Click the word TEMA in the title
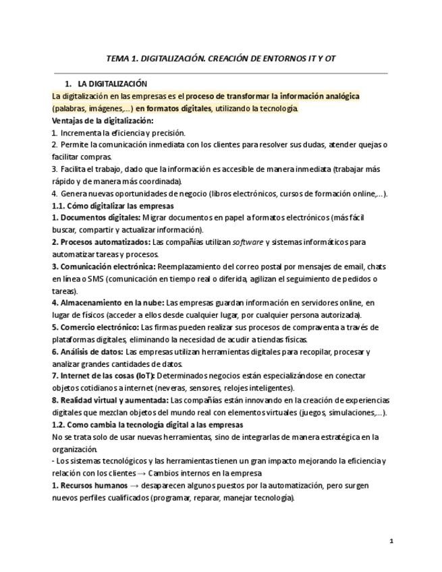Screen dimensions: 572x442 119,59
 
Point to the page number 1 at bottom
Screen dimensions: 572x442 391,541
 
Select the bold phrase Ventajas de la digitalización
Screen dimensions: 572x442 103,121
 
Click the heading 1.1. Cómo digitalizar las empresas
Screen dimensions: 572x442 113,206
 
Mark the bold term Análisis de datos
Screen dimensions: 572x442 90,351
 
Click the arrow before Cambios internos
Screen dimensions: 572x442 151,473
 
